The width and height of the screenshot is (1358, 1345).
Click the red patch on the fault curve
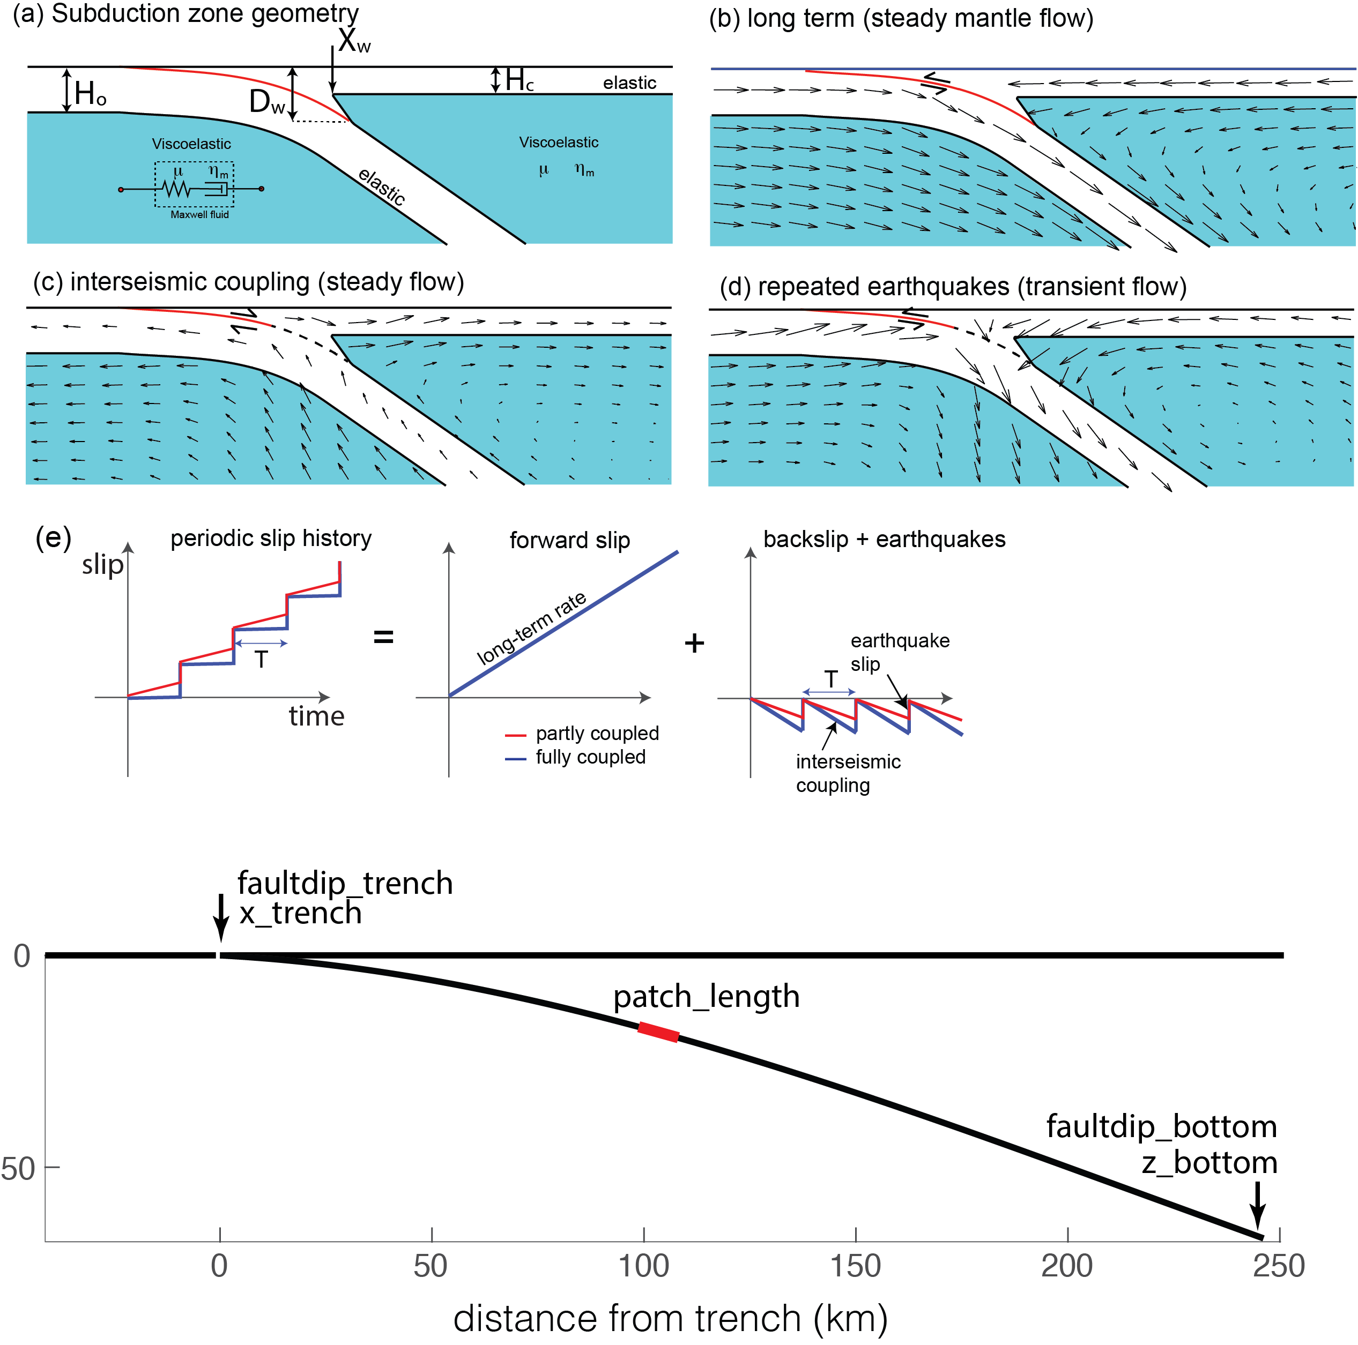click(x=658, y=1032)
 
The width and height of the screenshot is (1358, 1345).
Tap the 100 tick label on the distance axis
click(x=643, y=1266)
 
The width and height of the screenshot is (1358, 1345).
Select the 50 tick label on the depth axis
click(x=18, y=1169)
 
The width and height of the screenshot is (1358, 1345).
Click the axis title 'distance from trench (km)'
click(x=670, y=1318)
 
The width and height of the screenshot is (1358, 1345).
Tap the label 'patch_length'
click(x=707, y=997)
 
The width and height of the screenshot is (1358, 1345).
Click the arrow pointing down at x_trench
click(x=221, y=917)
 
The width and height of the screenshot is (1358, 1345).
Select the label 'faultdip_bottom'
click(x=1161, y=1126)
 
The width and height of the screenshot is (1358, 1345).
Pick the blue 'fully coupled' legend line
click(x=515, y=759)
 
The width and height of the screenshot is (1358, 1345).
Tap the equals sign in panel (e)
click(x=383, y=637)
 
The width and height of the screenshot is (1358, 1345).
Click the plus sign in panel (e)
click(x=694, y=643)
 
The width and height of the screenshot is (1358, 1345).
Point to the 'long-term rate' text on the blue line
click(x=531, y=627)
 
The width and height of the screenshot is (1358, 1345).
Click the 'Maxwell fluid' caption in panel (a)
click(x=199, y=214)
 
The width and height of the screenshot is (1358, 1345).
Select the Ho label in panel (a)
click(x=91, y=93)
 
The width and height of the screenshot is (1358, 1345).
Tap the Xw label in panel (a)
click(x=353, y=41)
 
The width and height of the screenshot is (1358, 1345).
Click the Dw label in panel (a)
click(x=267, y=102)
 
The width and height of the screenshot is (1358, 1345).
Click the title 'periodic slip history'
click(x=271, y=539)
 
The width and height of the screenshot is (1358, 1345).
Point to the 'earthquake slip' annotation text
click(x=900, y=652)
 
